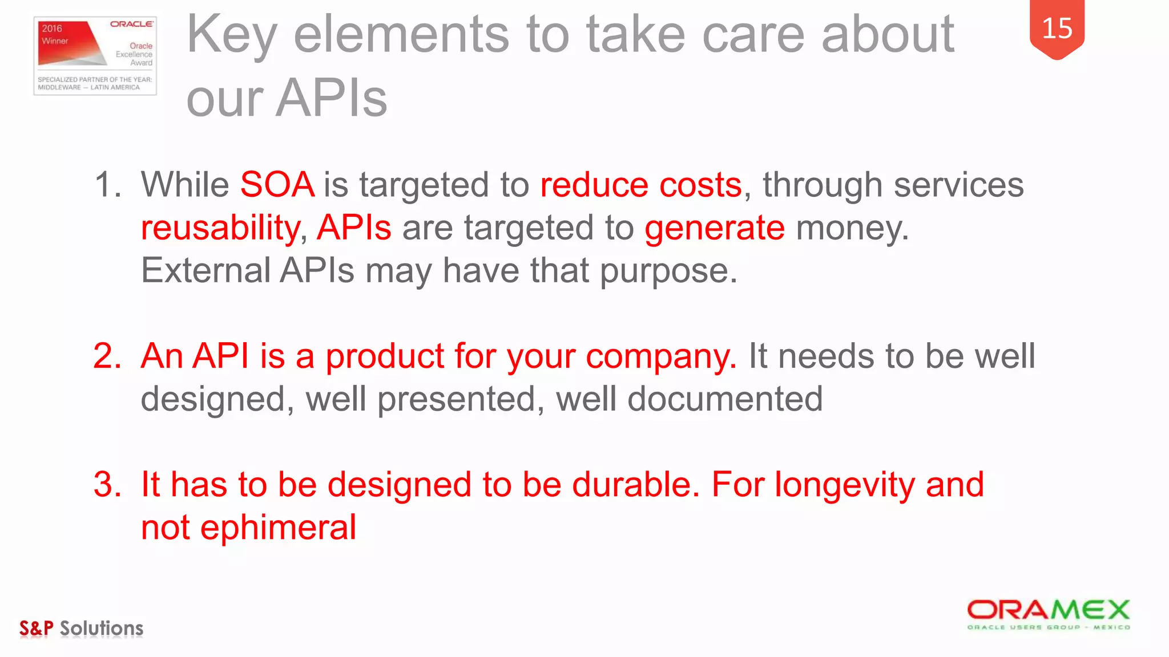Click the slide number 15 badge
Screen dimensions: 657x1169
click(x=1057, y=29)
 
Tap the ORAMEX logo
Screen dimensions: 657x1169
click(x=1049, y=614)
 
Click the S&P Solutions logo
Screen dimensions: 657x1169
click(x=81, y=628)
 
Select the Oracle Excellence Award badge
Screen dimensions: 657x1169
click(x=95, y=56)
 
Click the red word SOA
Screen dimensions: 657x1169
click(x=277, y=185)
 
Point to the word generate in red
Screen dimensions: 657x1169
click(x=714, y=228)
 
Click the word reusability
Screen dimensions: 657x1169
click(x=220, y=228)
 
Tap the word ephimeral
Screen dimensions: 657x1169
click(x=278, y=527)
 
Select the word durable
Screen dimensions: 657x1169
click(x=634, y=484)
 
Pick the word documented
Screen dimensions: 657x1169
click(x=725, y=399)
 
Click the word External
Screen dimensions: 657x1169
click(x=205, y=270)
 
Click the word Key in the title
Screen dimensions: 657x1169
click(x=231, y=35)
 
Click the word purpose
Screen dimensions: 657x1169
click(x=667, y=270)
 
